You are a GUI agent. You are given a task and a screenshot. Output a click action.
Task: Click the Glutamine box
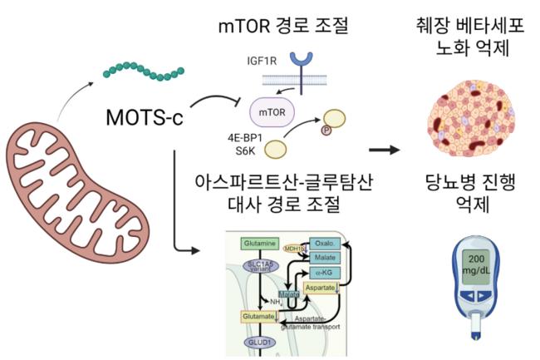tap(259, 244)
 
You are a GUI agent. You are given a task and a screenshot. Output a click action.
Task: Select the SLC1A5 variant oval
tap(259, 268)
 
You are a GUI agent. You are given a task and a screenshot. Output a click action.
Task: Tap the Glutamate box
tap(259, 318)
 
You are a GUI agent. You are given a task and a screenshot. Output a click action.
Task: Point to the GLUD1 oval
tap(259, 342)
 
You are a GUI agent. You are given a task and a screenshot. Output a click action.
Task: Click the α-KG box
tap(325, 272)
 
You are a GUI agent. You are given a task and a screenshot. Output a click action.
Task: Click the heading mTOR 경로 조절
tap(287, 26)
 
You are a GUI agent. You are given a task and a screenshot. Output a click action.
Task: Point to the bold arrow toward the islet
tap(382, 150)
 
